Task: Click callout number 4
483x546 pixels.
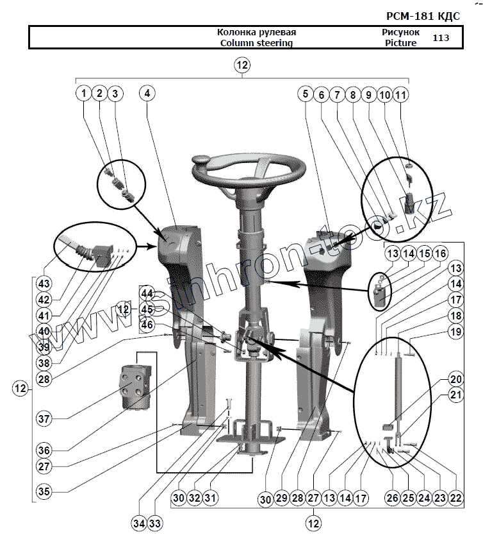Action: [x=147, y=93]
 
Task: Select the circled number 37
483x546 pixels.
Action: [x=44, y=419]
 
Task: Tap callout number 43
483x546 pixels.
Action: [x=44, y=283]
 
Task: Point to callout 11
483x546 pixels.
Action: [x=400, y=94]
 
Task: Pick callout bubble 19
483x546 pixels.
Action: [x=455, y=332]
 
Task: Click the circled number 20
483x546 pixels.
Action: [x=455, y=379]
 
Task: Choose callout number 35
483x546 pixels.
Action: [x=44, y=492]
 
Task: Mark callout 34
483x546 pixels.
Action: [x=140, y=524]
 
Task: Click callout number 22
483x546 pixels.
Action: [x=455, y=497]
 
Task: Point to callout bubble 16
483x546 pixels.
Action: [x=440, y=254]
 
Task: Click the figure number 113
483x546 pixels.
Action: [x=440, y=37]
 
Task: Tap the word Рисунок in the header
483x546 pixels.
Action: [x=400, y=31]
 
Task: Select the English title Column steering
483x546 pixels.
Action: [x=256, y=43]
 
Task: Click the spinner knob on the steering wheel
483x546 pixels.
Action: [x=202, y=160]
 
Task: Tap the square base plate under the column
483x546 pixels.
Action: [x=246, y=441]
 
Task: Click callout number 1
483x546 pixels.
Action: [x=83, y=93]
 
